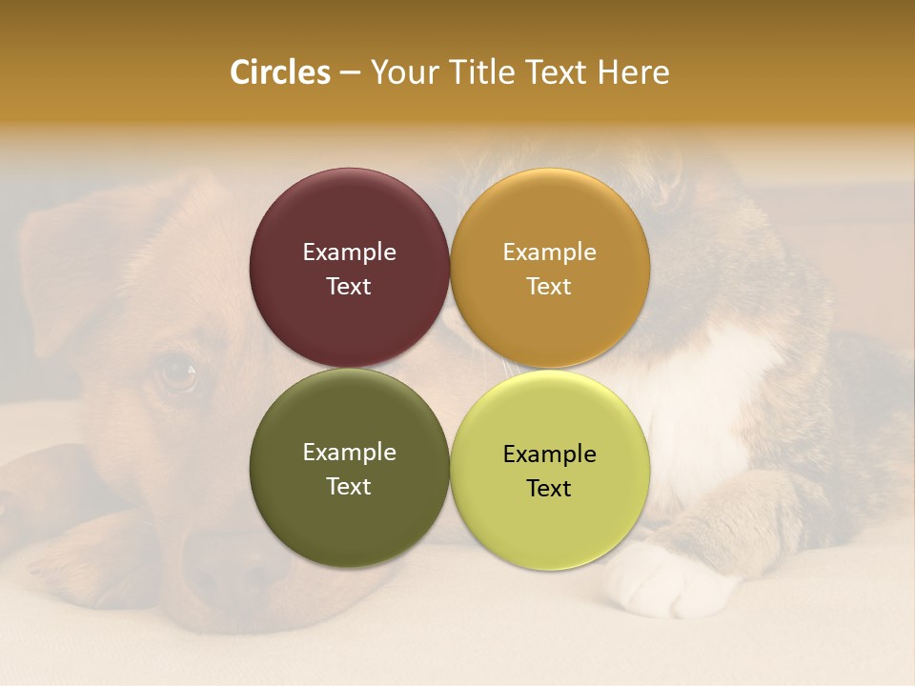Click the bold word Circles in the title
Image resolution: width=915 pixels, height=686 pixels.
click(x=280, y=72)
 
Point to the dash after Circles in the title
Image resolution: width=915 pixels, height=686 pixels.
click(x=350, y=73)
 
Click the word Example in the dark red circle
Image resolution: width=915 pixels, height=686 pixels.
click(x=349, y=252)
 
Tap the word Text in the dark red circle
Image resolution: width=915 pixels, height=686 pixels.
click(x=349, y=287)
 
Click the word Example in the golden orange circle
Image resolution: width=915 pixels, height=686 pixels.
click(x=549, y=252)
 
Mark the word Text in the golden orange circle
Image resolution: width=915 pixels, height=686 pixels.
click(x=549, y=287)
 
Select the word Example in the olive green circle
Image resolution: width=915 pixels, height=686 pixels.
click(x=349, y=453)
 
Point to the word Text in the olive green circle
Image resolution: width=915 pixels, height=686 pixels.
click(x=349, y=487)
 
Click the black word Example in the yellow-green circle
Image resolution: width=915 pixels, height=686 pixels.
click(x=549, y=454)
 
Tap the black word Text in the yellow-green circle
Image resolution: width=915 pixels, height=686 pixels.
click(x=549, y=489)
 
